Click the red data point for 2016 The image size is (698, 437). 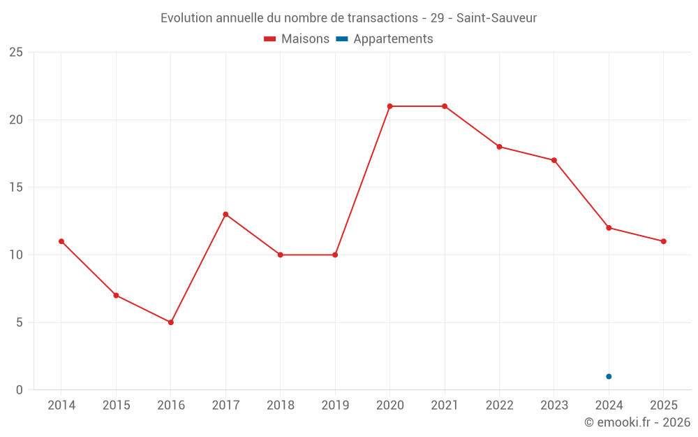click(171, 322)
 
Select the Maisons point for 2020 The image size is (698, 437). click(390, 106)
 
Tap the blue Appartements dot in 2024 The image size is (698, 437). click(609, 376)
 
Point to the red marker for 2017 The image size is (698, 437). click(225, 215)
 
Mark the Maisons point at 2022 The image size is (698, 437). click(500, 147)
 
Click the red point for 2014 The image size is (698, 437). click(61, 241)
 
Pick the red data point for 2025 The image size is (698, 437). click(664, 241)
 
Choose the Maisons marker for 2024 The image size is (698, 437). click(609, 228)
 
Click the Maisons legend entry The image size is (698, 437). click(297, 38)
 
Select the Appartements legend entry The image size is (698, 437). click(385, 38)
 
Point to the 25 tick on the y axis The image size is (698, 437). click(16, 52)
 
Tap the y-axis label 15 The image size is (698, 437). click(16, 187)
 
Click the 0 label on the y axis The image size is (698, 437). click(19, 389)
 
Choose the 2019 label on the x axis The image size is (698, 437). click(335, 405)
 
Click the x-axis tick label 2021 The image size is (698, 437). click(445, 405)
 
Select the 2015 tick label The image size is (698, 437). click(116, 405)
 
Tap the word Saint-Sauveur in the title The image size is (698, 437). click(497, 18)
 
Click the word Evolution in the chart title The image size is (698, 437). click(186, 18)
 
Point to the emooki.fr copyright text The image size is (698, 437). click(637, 422)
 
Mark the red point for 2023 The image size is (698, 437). click(554, 160)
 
